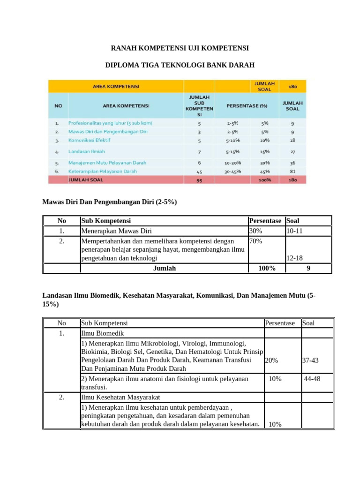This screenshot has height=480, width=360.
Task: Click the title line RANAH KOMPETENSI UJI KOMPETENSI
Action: [x=180, y=48]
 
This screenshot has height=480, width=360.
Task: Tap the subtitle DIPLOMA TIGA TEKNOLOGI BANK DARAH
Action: [x=180, y=65]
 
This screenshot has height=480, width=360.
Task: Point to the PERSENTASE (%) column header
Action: [x=247, y=105]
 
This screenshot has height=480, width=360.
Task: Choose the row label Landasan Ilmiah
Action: [x=86, y=151]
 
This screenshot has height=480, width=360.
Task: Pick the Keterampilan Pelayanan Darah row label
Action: [x=102, y=171]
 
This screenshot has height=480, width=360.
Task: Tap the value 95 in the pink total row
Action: [x=199, y=179]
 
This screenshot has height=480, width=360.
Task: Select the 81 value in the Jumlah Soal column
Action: [x=292, y=171]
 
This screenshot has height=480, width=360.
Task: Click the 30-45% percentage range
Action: [x=233, y=171]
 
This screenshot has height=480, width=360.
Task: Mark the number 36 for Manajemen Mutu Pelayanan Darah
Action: [x=292, y=163]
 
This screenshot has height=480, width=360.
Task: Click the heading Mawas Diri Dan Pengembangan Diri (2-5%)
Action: [x=110, y=202]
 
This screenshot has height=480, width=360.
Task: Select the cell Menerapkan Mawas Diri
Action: [x=117, y=231]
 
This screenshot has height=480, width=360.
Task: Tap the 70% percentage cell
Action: [x=256, y=241]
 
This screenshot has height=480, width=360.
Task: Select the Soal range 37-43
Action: [x=310, y=360]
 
